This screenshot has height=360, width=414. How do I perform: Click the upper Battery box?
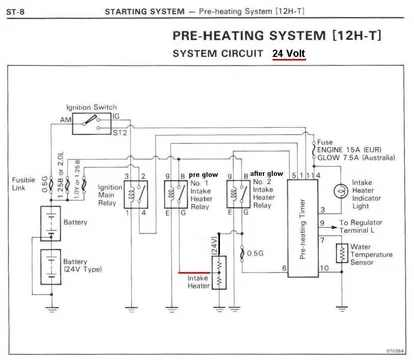[44, 222]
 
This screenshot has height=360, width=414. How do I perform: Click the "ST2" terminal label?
[120, 130]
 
